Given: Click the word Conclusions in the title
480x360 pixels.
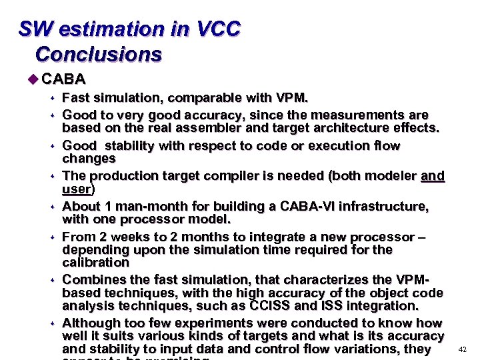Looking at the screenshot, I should (x=98, y=53).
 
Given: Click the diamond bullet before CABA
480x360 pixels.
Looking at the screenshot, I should (x=34, y=79).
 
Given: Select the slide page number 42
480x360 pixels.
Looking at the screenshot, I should (x=463, y=349).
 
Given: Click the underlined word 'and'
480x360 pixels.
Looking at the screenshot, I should (x=433, y=176).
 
